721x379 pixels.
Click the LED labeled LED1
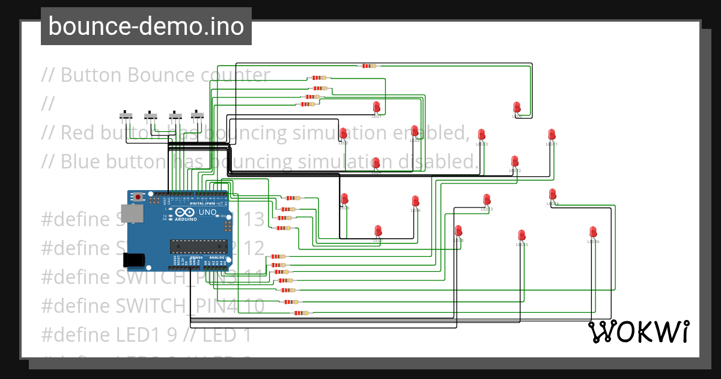click(377, 108)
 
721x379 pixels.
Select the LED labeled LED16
click(593, 232)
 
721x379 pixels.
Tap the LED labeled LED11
click(552, 135)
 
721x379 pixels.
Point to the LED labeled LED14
click(553, 194)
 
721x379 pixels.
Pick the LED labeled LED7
click(378, 231)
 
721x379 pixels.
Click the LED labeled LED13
click(487, 200)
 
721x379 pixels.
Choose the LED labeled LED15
click(522, 235)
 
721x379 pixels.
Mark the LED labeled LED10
click(481, 135)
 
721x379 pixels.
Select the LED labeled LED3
click(415, 131)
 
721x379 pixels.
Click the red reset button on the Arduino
click(139, 196)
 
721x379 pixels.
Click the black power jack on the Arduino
click(133, 259)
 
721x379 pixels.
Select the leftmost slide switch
click(126, 114)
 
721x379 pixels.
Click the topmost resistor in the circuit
click(368, 66)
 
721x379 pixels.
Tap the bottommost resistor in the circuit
click(299, 313)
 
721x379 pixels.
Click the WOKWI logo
click(638, 331)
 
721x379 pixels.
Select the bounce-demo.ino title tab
click(146, 26)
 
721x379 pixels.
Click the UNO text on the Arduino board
click(207, 212)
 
